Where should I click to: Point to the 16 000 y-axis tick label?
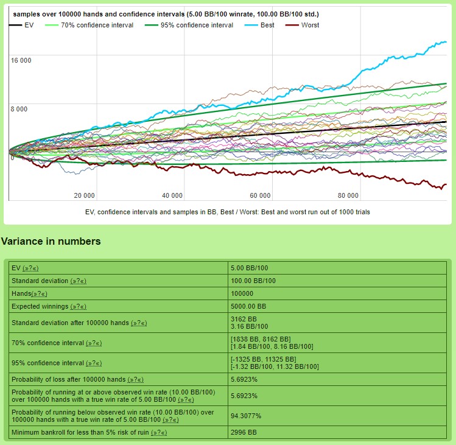pyautogui.click(x=21, y=60)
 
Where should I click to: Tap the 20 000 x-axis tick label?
pyautogui.click(x=84, y=195)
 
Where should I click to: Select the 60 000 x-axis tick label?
pyautogui.click(x=260, y=195)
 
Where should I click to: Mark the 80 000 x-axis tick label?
pyautogui.click(x=348, y=195)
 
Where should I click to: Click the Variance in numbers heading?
pyautogui.click(x=51, y=242)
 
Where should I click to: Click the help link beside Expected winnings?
pyautogui.click(x=79, y=306)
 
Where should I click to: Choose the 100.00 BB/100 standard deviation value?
pyautogui.click(x=253, y=281)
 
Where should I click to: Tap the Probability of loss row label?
pyautogui.click(x=69, y=379)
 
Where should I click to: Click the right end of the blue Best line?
pyautogui.click(x=446, y=42)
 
